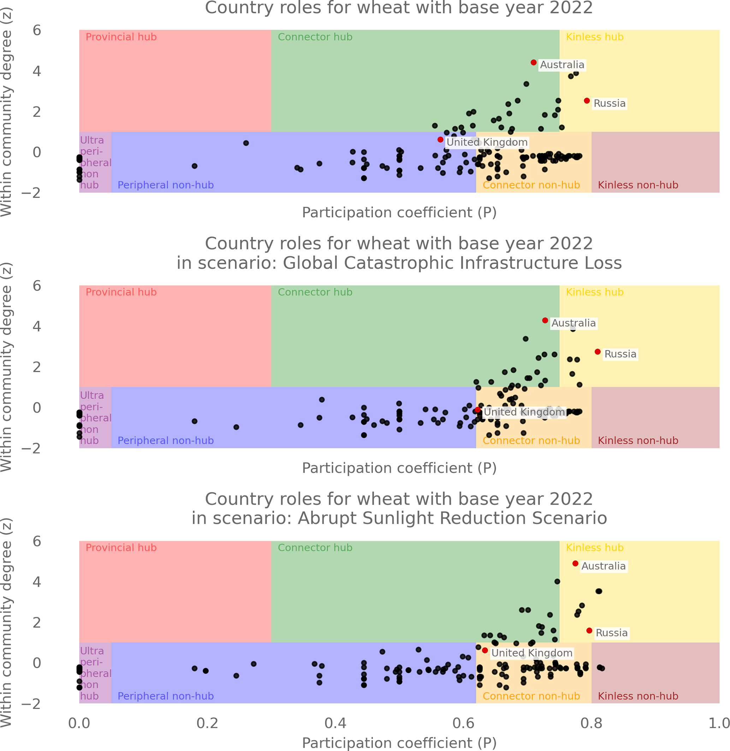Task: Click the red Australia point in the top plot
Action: click(534, 62)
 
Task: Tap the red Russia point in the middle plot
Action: click(598, 352)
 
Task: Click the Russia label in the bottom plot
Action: click(612, 633)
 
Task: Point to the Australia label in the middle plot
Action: click(574, 323)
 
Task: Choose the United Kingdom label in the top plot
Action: click(487, 142)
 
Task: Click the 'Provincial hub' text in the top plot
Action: click(121, 37)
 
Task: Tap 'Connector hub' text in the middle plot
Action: click(315, 292)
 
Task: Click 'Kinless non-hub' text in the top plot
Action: click(638, 185)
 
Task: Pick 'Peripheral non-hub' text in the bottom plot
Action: click(166, 696)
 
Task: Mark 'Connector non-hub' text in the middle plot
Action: click(531, 441)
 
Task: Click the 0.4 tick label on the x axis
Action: click(335, 723)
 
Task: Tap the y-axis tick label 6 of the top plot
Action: click(37, 30)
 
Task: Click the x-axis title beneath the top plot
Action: click(399, 213)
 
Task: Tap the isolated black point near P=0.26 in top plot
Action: click(246, 143)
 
